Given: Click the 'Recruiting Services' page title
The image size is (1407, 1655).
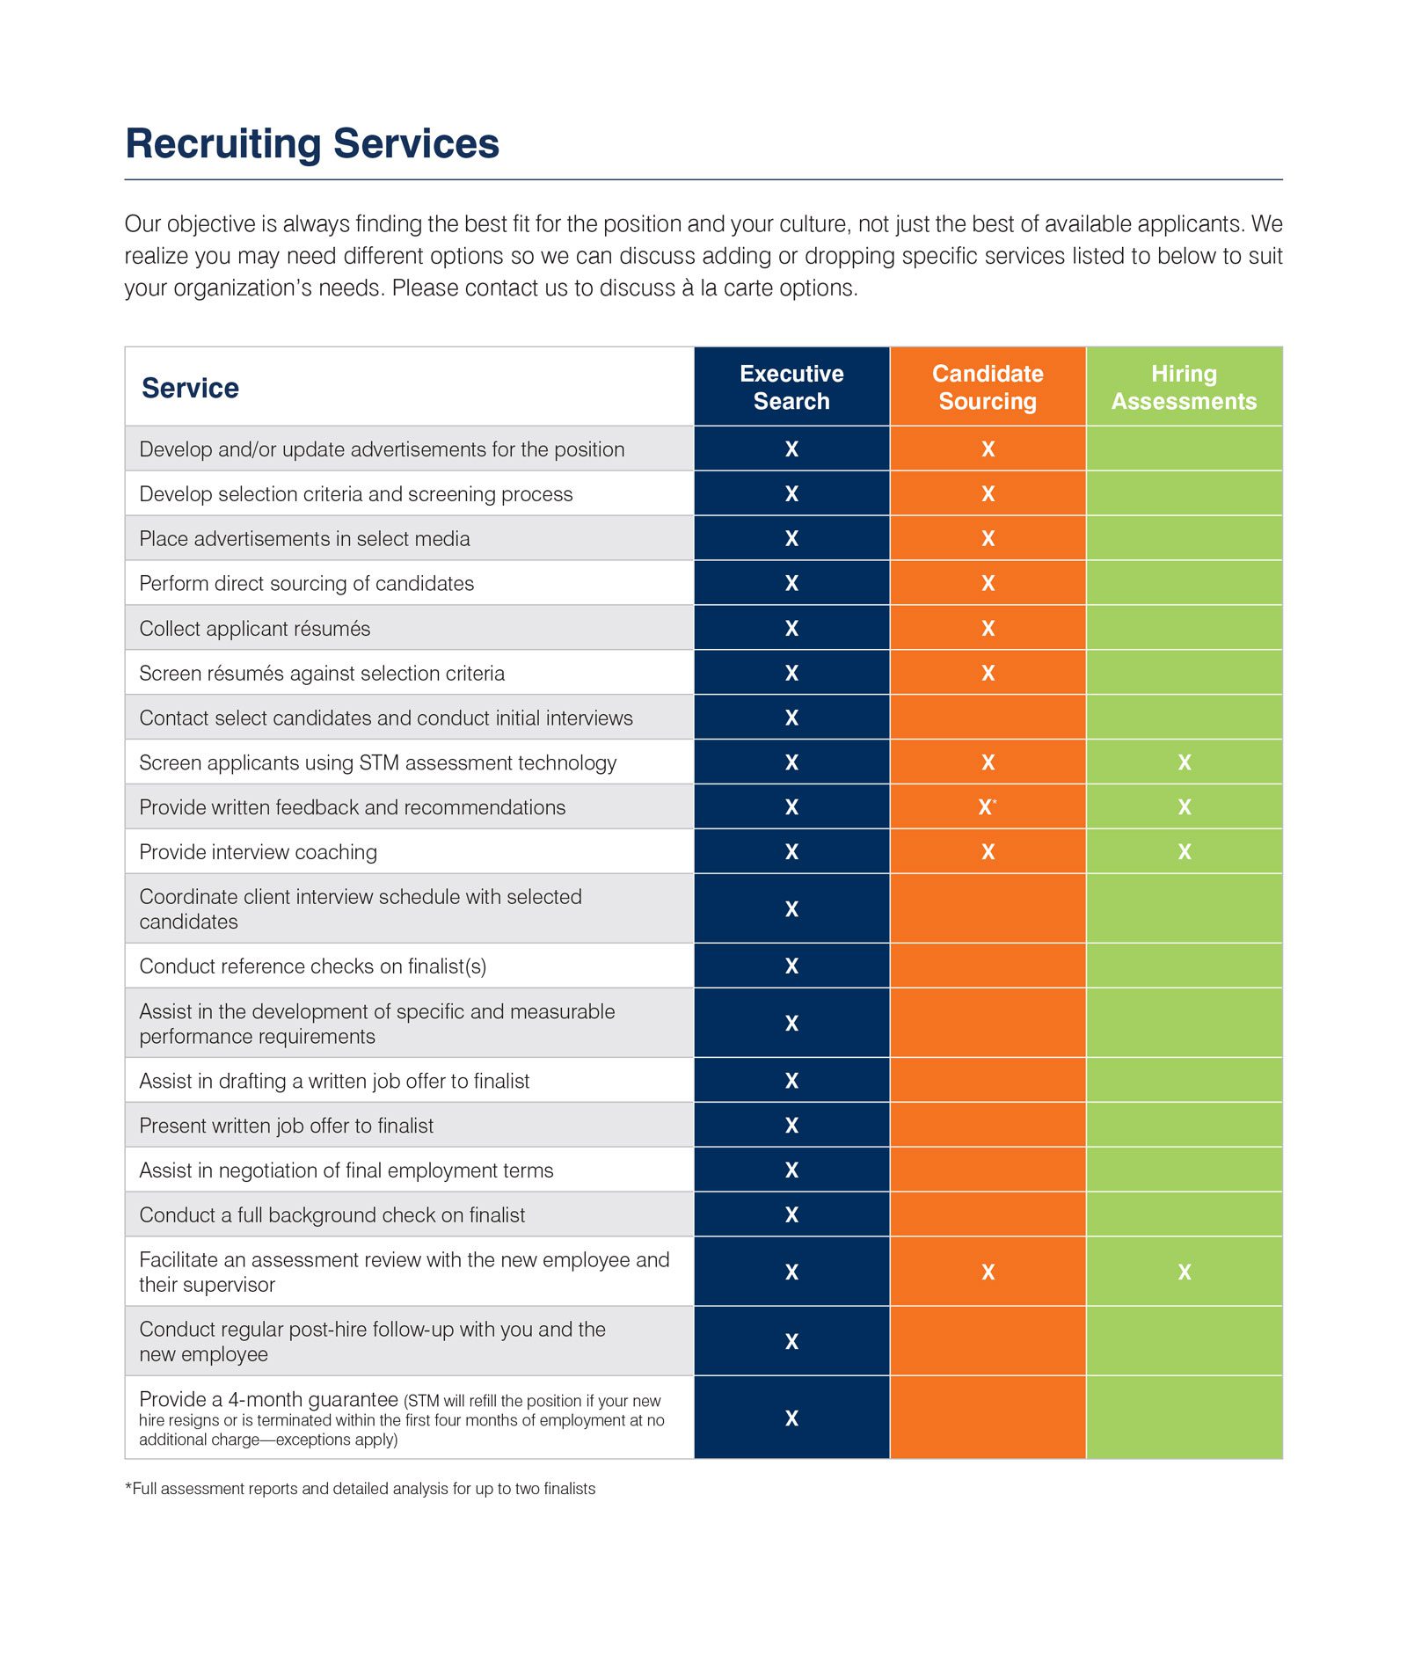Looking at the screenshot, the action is pyautogui.click(x=312, y=144).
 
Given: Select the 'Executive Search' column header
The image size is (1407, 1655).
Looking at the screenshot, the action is pyautogui.click(x=791, y=387).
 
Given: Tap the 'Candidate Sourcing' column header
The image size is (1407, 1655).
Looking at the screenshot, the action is pyautogui.click(x=988, y=387).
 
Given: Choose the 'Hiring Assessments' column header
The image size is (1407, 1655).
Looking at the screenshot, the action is pyautogui.click(x=1184, y=387).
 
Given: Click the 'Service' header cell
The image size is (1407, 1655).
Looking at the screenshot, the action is pyautogui.click(x=190, y=388).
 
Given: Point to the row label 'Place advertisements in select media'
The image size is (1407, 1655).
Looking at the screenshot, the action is pyautogui.click(x=304, y=539).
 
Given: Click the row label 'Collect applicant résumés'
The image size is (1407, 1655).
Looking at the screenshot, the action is pyautogui.click(x=254, y=629).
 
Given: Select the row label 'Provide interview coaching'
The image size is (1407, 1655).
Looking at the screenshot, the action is pyautogui.click(x=258, y=852).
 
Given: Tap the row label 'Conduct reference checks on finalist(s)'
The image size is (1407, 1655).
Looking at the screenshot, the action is pyautogui.click(x=312, y=966).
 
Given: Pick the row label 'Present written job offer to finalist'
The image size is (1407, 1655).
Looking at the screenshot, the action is pyautogui.click(x=286, y=1126).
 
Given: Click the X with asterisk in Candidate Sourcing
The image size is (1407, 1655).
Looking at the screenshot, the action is pyautogui.click(x=988, y=807).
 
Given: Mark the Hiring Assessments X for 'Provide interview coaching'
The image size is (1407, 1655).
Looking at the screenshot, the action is pyautogui.click(x=1185, y=852).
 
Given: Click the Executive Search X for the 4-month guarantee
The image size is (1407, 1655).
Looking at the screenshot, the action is pyautogui.click(x=791, y=1418).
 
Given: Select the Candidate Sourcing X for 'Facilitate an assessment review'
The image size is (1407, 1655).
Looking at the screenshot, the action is pyautogui.click(x=988, y=1272).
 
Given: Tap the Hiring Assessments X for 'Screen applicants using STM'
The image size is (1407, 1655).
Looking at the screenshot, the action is pyautogui.click(x=1185, y=762).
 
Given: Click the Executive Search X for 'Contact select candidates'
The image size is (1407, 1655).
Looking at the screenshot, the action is pyautogui.click(x=791, y=718).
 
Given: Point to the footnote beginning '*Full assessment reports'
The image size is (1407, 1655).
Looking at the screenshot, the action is pyautogui.click(x=361, y=1489).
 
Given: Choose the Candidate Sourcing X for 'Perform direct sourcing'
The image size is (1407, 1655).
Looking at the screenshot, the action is pyautogui.click(x=988, y=583).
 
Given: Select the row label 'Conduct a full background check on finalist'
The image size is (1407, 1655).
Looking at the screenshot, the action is pyautogui.click(x=332, y=1215).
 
